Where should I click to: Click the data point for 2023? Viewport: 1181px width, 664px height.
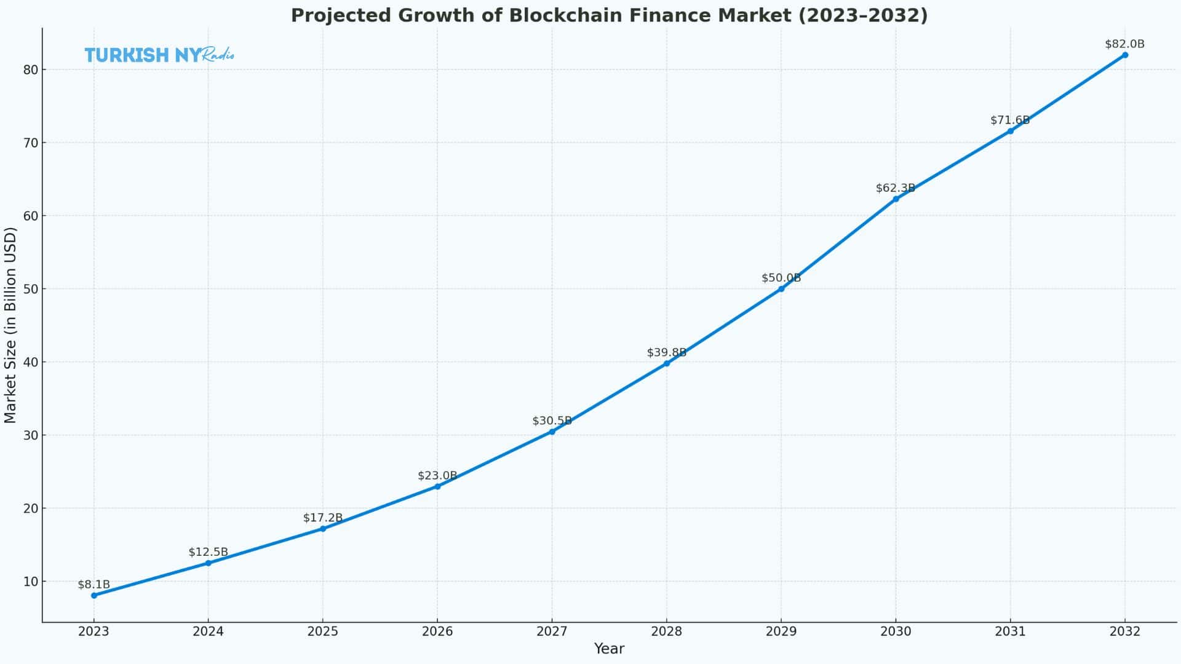click(x=93, y=595)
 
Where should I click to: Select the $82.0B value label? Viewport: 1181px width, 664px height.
click(x=1124, y=44)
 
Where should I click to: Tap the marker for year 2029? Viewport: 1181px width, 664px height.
click(x=781, y=288)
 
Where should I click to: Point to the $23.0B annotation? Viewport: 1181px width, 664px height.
click(x=437, y=476)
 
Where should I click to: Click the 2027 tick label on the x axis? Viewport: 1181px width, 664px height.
click(x=552, y=631)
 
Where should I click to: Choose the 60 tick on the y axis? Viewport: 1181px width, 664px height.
click(x=31, y=216)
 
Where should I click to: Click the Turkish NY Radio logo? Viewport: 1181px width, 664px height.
click(x=159, y=55)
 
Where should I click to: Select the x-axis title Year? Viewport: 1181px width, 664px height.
click(x=609, y=649)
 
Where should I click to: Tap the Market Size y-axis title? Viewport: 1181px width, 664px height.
click(x=10, y=325)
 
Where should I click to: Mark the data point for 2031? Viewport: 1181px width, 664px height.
click(x=1010, y=131)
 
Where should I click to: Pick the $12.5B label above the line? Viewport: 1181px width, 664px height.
click(x=208, y=552)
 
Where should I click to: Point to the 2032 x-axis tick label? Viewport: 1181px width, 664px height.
click(x=1124, y=631)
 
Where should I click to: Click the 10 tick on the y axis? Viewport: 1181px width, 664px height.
click(x=31, y=582)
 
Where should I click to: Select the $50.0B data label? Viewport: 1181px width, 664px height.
click(x=781, y=278)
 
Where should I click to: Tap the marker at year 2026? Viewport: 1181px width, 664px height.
click(x=437, y=486)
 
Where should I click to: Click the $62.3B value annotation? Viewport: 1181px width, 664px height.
click(x=895, y=188)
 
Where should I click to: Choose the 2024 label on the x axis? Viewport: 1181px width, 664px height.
click(x=208, y=631)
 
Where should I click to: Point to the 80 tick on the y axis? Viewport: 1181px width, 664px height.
click(x=31, y=69)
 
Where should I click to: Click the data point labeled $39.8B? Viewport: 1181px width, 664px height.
click(x=666, y=363)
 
